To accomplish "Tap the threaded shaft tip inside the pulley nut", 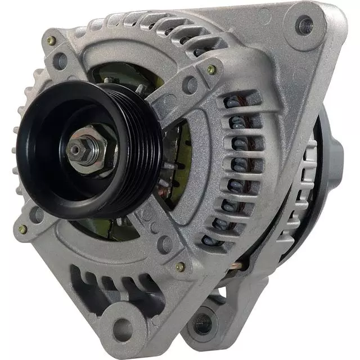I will pyautogui.click(x=75, y=150).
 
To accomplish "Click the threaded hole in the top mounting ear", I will pyautogui.click(x=305, y=24).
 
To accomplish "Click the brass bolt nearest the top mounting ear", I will pyautogui.click(x=211, y=70).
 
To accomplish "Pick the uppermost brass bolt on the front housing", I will pyautogui.click(x=51, y=40).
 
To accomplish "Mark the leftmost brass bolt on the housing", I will pyautogui.click(x=22, y=229).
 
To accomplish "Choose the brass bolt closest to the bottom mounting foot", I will pyautogui.click(x=179, y=267).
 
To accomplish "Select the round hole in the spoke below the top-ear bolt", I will pyautogui.click(x=191, y=85).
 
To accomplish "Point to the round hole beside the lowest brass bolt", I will pyautogui.click(x=164, y=244).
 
